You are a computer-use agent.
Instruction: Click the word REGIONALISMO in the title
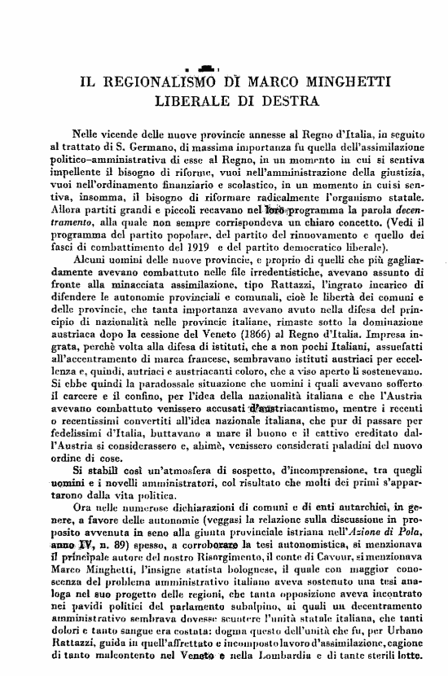[x=159, y=82]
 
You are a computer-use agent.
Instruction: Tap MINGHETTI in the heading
[x=351, y=82]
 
